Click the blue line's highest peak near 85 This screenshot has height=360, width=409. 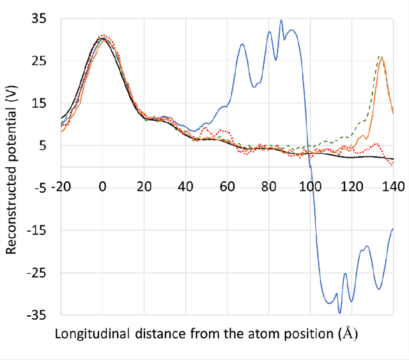tap(281, 20)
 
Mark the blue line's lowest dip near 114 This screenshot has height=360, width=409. tap(339, 312)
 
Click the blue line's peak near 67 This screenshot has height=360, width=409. tap(242, 44)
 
